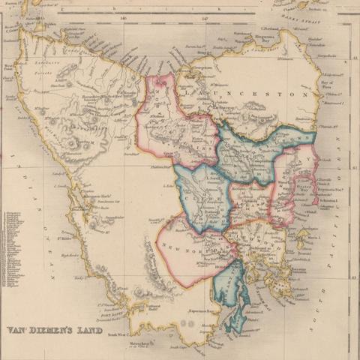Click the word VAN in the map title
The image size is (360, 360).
[18, 329]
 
